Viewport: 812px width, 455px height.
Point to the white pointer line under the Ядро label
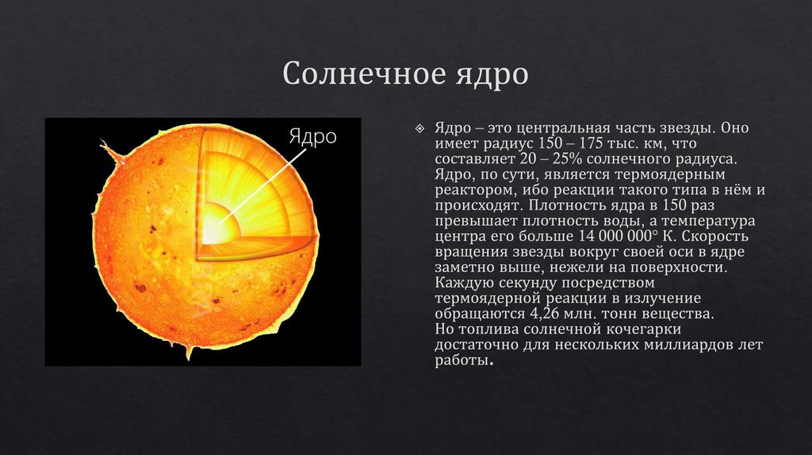[262, 183]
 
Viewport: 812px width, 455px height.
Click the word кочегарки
[639, 329]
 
